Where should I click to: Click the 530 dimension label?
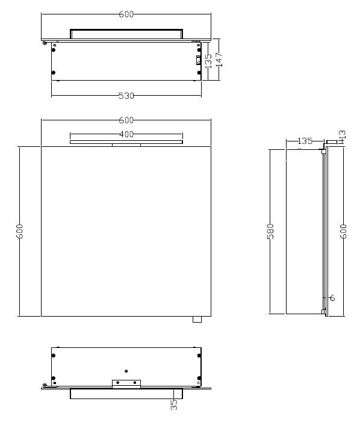coord(126,96)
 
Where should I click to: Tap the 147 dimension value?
coord(219,59)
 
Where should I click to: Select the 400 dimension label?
coord(126,134)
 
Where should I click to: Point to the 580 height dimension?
coord(270,231)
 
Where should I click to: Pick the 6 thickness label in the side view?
coord(332,297)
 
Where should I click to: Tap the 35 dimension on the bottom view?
coord(173,405)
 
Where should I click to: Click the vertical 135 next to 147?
coord(208,61)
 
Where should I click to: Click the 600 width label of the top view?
coord(126,14)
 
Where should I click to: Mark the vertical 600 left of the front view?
coord(20,231)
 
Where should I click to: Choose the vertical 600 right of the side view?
coord(344,231)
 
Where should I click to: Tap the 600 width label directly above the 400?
coord(126,120)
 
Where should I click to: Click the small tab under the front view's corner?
coord(196,320)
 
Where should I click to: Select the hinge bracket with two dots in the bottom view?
coord(126,383)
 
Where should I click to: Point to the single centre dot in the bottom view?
coord(126,371)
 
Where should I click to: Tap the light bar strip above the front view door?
coord(126,143)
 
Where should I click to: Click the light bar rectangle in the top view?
coord(126,34)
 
